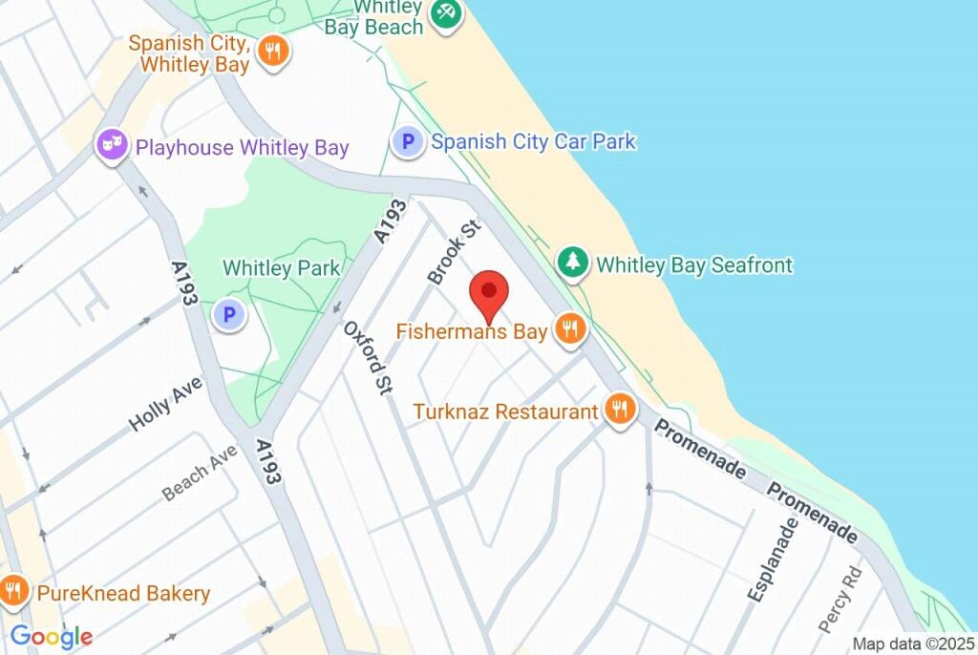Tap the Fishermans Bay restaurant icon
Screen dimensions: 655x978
click(571, 330)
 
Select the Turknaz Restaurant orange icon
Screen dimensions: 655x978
click(620, 411)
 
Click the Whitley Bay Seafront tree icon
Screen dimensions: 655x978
click(572, 264)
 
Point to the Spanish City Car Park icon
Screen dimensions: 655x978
click(408, 143)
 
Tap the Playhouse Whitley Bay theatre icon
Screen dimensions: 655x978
click(113, 146)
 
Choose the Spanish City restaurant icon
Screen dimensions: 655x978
click(273, 52)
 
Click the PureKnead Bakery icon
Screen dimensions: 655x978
click(13, 592)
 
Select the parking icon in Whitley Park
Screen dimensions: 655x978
click(228, 313)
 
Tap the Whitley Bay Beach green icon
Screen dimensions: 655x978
click(444, 13)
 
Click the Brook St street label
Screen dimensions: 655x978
click(453, 253)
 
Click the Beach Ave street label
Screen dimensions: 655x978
click(199, 475)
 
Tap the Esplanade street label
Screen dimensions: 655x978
click(772, 560)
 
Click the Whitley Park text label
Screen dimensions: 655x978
click(281, 268)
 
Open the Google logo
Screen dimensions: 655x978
click(52, 637)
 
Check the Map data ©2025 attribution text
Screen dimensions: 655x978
click(912, 644)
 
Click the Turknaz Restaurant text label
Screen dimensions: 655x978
click(505, 412)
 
